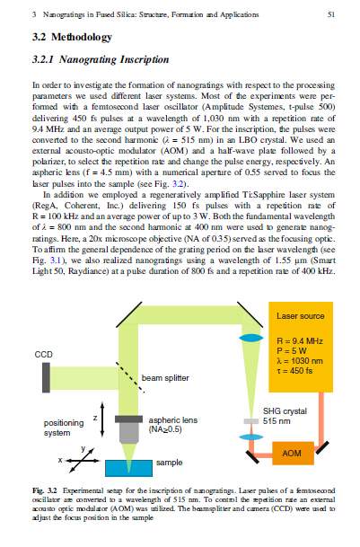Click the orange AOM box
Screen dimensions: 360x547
[293, 454]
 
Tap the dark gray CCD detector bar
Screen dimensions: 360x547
[46, 378]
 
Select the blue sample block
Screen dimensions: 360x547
[128, 468]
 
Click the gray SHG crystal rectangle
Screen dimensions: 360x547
[250, 421]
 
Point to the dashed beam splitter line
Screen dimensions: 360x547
[130, 377]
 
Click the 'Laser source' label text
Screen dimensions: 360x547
[301, 316]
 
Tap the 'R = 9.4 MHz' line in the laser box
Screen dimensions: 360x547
[299, 340]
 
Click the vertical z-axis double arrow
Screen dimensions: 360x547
[102, 419]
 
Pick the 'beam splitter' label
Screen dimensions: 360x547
[165, 378]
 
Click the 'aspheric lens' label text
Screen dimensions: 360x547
[173, 420]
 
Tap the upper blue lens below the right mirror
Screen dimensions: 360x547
[251, 338]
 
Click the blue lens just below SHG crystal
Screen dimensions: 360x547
[251, 437]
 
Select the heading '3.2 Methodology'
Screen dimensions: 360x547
[72, 37]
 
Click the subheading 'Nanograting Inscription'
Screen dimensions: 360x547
[114, 59]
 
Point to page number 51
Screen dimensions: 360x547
[331, 14]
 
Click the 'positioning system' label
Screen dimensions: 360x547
[64, 428]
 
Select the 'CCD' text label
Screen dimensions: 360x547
[44, 355]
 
